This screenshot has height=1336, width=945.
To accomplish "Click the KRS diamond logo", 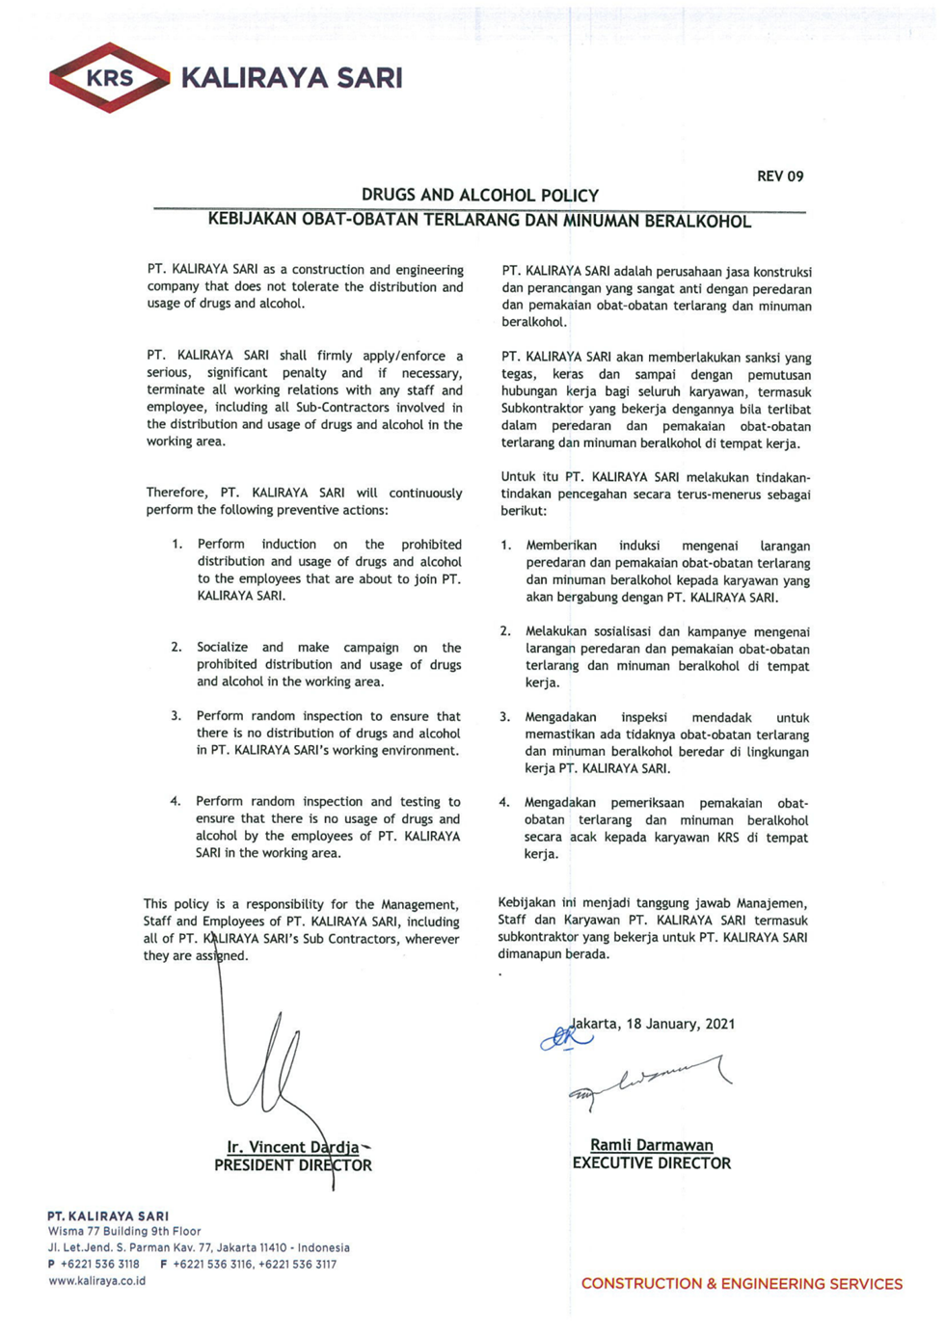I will point(109,78).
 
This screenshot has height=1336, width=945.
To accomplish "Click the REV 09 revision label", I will point(779,176).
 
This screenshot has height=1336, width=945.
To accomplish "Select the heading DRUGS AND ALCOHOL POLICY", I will point(479,195).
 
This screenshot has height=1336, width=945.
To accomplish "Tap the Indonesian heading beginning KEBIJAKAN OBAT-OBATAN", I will point(479,221).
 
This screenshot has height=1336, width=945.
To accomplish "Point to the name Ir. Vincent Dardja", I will point(292,1147).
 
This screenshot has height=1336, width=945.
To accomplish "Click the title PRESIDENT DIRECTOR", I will point(292,1165).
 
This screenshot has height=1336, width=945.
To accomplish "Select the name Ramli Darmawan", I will point(651,1145).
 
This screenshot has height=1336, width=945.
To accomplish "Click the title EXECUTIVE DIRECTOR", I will point(651,1163).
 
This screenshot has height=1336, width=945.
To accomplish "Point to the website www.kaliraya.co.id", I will point(97,1281).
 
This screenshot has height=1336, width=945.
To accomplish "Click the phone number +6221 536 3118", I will point(99,1264).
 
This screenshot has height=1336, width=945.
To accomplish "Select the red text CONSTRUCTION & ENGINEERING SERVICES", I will point(742,1284).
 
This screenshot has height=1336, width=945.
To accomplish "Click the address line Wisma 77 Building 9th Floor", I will point(124,1231).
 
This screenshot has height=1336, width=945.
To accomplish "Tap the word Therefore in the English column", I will point(176,493).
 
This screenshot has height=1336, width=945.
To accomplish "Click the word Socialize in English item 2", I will point(222,648).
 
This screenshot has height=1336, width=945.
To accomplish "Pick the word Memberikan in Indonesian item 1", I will point(561,546).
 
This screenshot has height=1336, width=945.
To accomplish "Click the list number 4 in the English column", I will point(175,801).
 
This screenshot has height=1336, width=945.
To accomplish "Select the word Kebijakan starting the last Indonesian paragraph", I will point(526,903).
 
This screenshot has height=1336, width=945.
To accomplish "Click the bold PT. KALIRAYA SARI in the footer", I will point(108,1216).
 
